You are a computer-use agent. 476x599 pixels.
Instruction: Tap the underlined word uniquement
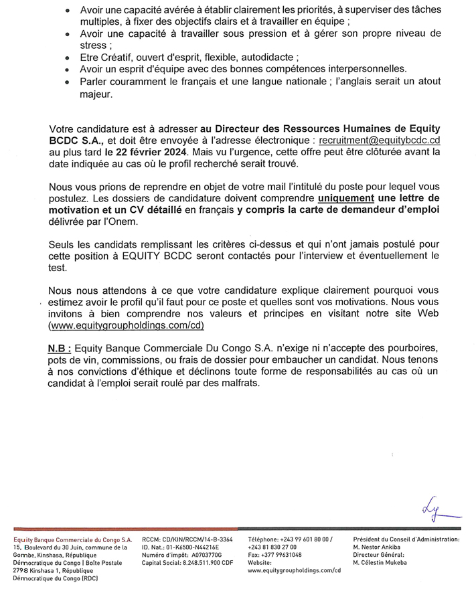pos(346,199)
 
